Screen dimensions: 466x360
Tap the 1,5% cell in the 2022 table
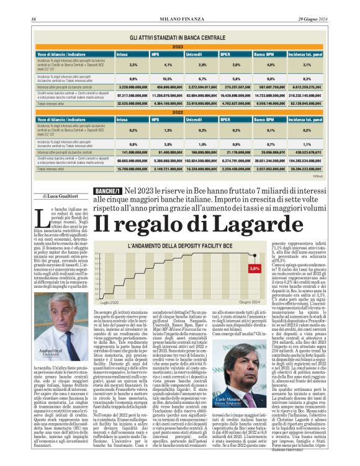168,130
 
